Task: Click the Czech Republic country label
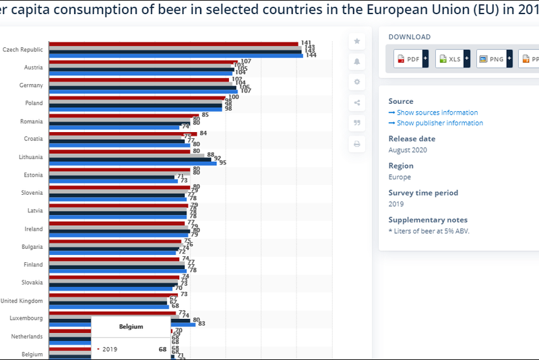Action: (x=23, y=49)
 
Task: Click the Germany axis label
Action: (x=32, y=85)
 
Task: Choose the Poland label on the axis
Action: (x=34, y=103)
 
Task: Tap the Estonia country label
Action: (x=33, y=175)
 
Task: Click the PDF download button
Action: (x=408, y=59)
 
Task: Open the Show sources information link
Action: (x=437, y=113)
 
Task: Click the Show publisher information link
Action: (x=439, y=123)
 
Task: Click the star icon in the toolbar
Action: (x=357, y=41)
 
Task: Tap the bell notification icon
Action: (x=357, y=61)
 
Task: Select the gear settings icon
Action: (x=357, y=82)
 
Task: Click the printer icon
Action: (x=357, y=144)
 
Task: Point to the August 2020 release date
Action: (x=408, y=150)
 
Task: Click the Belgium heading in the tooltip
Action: (x=131, y=326)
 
